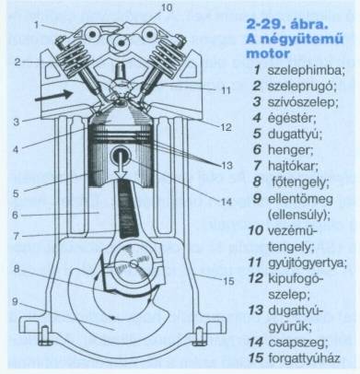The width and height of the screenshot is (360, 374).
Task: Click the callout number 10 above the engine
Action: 167,7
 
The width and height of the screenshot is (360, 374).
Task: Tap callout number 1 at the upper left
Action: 37,25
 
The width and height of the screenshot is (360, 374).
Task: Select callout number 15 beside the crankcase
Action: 228,281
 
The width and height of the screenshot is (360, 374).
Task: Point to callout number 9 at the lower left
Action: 15,302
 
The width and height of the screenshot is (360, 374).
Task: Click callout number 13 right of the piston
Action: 227,166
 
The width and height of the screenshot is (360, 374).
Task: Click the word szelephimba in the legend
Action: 307,70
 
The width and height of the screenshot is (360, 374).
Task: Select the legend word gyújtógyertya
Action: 308,263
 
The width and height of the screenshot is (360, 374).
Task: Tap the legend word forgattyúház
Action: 304,357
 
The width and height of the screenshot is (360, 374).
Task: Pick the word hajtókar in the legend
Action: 293,166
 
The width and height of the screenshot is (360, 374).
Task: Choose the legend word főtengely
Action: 300,182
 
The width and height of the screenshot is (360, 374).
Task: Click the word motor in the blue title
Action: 268,53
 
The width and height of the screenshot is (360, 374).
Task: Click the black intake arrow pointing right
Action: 53,95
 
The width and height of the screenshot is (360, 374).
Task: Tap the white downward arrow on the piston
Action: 122,165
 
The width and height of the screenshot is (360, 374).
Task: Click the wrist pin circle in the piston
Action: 122,155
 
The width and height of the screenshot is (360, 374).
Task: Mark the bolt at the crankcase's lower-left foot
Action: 45,336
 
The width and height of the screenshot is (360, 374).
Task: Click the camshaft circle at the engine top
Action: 122,42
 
